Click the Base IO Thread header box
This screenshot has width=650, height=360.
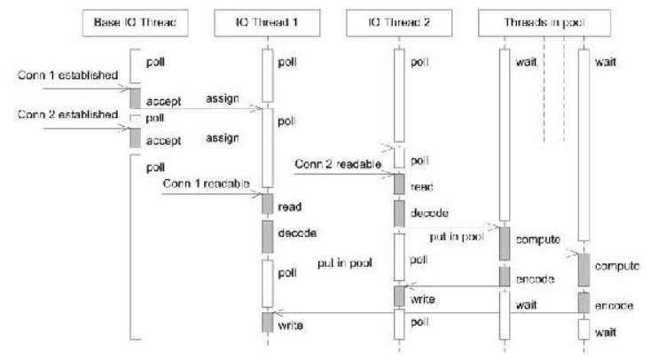coord(135,23)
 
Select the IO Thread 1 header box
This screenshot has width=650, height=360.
coord(267,23)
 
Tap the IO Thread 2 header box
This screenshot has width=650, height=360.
coord(399,23)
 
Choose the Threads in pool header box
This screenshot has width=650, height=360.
coord(544,23)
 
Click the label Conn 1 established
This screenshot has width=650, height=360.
coord(68,75)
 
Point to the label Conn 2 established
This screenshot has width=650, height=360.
coord(68,114)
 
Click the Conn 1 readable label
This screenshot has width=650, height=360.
coord(206,184)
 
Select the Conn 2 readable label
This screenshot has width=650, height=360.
coord(338,164)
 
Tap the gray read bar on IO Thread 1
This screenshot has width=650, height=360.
coord(268,204)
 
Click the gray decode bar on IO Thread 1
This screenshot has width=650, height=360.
coord(268,237)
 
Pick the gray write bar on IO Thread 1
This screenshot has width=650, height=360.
coord(268,322)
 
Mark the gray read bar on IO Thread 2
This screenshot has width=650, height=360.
coord(399,184)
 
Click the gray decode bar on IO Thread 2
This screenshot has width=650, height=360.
coord(399,214)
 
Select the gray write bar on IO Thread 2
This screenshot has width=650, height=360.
coord(399,296)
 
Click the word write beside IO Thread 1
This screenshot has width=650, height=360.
coord(290,325)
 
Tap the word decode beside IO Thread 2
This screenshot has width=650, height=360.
coord(429,213)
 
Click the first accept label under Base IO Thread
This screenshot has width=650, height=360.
coord(163,101)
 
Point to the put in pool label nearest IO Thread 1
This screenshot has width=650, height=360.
coord(345,263)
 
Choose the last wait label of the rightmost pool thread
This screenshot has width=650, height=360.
coord(606,333)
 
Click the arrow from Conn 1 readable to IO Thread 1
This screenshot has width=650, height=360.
coord(212,194)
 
